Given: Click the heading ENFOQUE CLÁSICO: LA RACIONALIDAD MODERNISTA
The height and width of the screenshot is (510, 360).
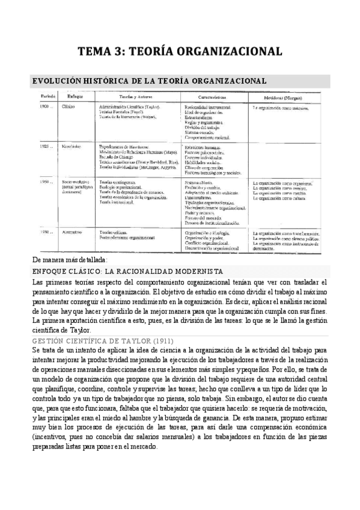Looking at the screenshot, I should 127,271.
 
